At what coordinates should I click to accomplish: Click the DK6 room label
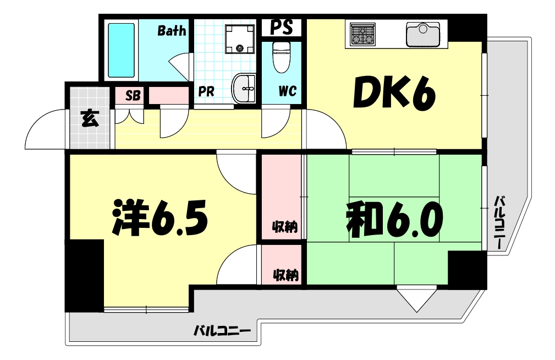tap(394, 95)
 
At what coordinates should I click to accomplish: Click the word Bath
tap(172, 31)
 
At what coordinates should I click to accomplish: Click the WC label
tap(287, 91)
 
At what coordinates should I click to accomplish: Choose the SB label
tap(133, 95)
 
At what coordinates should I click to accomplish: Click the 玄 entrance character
tap(90, 118)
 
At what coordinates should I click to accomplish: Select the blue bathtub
tap(121, 50)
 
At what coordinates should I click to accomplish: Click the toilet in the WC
tap(282, 58)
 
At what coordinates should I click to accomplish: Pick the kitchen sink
tap(423, 35)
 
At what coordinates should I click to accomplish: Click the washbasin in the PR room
tap(245, 88)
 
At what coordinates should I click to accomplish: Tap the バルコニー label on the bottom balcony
tap(222, 331)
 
